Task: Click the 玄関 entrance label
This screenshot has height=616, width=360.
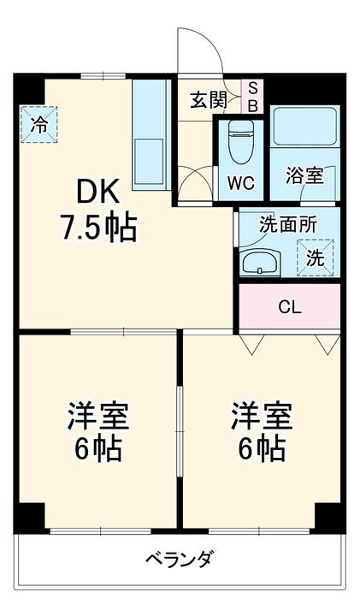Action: [x=208, y=98]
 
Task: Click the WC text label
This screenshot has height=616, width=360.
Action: [x=239, y=182]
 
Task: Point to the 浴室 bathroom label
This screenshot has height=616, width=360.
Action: [x=304, y=177]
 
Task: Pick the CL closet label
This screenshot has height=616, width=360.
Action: [x=289, y=307]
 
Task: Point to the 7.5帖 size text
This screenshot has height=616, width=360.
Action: [x=97, y=228]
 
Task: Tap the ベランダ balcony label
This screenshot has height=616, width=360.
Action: [x=179, y=560]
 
